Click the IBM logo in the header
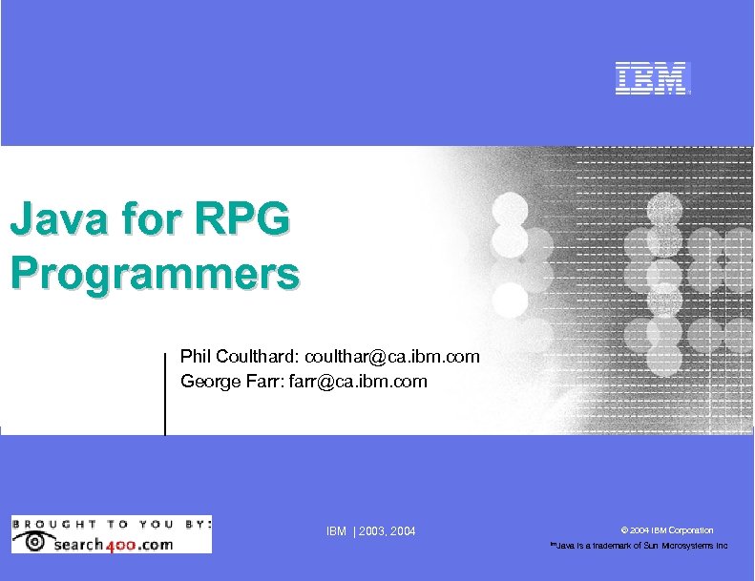651,79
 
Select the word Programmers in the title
154,273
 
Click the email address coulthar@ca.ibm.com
392,357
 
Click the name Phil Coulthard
239,357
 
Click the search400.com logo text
114,544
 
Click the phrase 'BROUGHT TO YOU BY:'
111,523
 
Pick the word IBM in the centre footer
336,530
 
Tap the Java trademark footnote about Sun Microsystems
638,546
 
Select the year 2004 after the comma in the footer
403,530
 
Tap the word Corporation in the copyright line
691,530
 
